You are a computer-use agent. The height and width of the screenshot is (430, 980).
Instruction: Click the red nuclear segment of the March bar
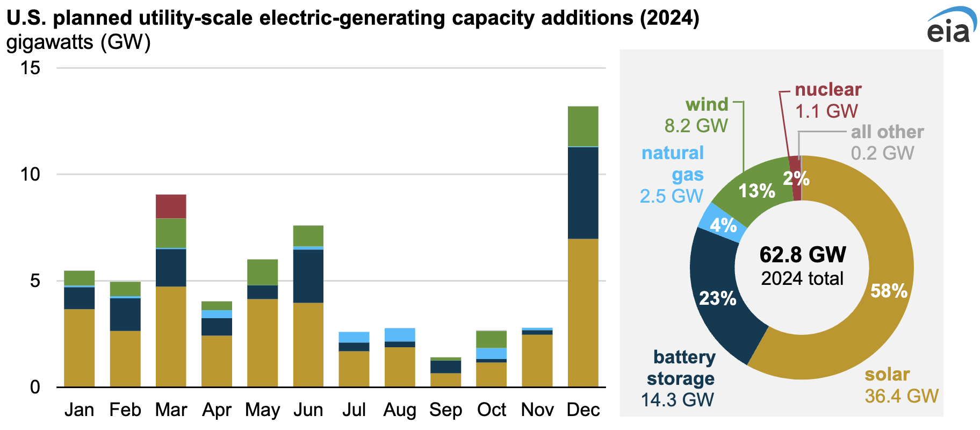[171, 206]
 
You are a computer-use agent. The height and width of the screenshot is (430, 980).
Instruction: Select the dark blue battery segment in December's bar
[583, 192]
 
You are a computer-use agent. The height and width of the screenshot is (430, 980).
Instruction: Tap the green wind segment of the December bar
[583, 126]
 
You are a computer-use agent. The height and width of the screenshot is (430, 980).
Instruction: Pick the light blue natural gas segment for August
[400, 335]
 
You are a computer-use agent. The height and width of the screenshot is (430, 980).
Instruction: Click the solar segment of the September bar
[445, 380]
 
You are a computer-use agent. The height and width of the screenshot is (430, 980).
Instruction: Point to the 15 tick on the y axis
[30, 68]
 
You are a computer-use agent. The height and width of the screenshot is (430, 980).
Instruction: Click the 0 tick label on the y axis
[35, 387]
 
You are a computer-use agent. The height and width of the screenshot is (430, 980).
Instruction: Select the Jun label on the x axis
[308, 410]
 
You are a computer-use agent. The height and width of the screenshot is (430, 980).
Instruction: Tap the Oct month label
[492, 410]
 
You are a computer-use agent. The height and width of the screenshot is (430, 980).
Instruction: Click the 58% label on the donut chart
[889, 291]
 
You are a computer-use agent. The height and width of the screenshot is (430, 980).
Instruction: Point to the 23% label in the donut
[717, 298]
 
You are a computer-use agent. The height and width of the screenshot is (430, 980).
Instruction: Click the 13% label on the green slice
[756, 190]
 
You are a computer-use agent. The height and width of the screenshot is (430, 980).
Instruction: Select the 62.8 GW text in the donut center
[803, 255]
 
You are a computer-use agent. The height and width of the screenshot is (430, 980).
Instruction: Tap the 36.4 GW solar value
[902, 396]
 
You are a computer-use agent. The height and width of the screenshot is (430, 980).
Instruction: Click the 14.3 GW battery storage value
[678, 400]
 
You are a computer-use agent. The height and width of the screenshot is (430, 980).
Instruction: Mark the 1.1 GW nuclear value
[826, 111]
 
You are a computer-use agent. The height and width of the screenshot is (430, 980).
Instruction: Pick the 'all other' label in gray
[887, 132]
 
